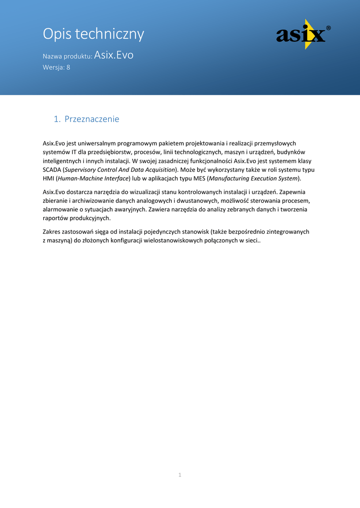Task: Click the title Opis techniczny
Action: (93, 34)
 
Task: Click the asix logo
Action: (301, 35)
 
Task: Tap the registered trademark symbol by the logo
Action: (328, 29)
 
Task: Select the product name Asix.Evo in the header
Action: (114, 55)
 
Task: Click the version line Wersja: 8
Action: (56, 67)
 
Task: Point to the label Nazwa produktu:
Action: (68, 57)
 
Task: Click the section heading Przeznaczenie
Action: (92, 119)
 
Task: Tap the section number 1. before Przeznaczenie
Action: (57, 119)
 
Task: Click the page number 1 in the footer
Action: (180, 475)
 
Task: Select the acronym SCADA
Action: (52, 170)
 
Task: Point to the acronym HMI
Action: (48, 178)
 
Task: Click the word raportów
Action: (56, 218)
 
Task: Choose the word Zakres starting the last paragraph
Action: (53, 232)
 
